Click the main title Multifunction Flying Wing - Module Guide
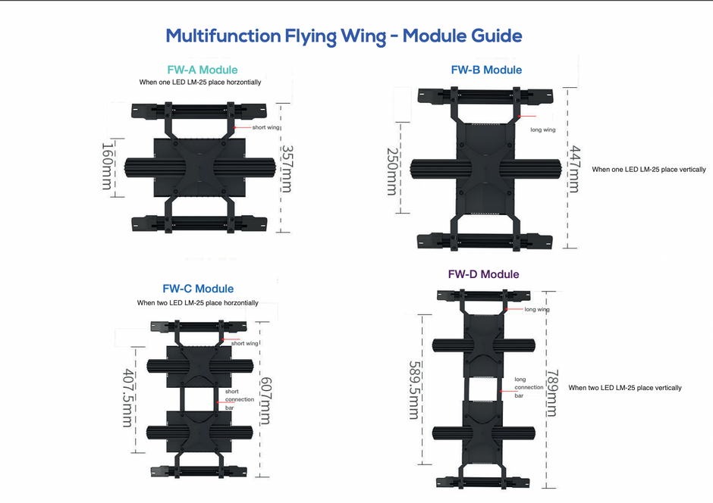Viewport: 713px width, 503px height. (x=344, y=36)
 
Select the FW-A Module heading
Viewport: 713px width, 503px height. (x=202, y=70)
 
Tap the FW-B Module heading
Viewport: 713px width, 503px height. (x=486, y=70)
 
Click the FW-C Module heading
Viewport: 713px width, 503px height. (x=198, y=289)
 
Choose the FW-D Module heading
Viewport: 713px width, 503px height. (x=483, y=274)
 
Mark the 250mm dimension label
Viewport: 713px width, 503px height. (x=391, y=171)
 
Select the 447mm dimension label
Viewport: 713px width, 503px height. (x=574, y=170)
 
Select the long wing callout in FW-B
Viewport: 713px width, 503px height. (x=543, y=130)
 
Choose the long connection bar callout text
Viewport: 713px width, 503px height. (x=529, y=387)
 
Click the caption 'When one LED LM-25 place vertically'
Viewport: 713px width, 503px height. (x=649, y=170)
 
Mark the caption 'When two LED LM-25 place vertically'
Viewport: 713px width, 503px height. (x=625, y=388)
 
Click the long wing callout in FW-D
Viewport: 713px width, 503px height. (x=538, y=310)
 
